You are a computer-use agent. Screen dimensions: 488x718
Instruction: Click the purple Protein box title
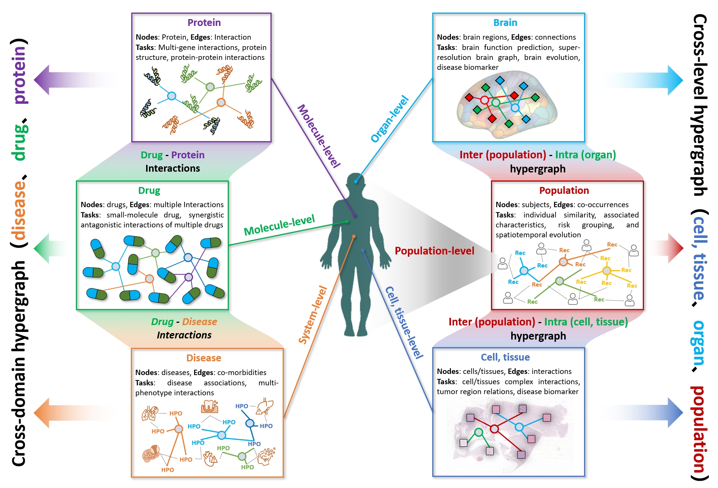(x=204, y=23)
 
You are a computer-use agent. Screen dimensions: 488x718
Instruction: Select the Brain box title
(x=505, y=23)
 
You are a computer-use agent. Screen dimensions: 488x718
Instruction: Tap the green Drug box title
(x=149, y=190)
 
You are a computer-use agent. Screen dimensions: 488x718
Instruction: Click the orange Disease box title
(x=204, y=358)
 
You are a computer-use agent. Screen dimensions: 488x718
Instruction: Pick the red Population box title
(x=564, y=190)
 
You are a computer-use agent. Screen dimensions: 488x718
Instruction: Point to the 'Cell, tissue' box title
(x=505, y=357)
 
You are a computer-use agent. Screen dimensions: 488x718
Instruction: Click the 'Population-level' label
(x=435, y=251)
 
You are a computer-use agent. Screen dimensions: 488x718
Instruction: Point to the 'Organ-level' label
(x=390, y=119)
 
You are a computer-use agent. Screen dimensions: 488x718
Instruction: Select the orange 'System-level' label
(x=313, y=315)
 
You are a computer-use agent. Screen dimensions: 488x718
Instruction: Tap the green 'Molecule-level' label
(x=279, y=225)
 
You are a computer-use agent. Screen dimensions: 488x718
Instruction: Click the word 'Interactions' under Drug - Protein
(x=172, y=168)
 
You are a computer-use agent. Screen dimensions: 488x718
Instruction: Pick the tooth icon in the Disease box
(x=209, y=407)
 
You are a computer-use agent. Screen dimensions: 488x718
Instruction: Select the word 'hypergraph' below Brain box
(x=538, y=169)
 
